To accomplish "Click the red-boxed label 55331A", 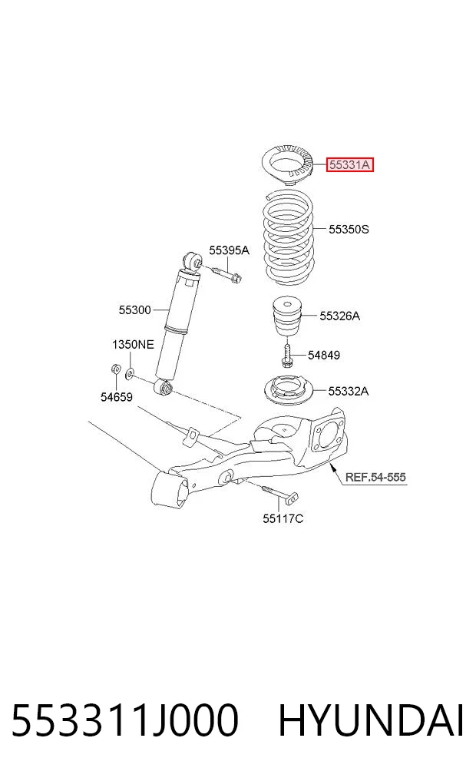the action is click(x=350, y=164).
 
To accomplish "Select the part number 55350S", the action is click(x=349, y=229).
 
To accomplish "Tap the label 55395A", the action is click(x=229, y=250).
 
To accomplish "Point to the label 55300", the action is click(x=134, y=309).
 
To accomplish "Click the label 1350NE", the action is click(x=133, y=344).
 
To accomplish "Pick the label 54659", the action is click(x=117, y=397).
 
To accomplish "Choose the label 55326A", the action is click(x=339, y=316).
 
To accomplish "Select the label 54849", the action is click(x=324, y=355).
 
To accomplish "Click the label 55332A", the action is click(x=349, y=392).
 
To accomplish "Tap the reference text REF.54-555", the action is click(x=375, y=477).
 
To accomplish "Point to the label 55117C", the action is click(x=283, y=518).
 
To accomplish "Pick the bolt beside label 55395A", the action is click(x=226, y=273).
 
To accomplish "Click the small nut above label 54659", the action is click(x=114, y=369).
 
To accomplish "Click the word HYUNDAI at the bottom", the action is click(x=371, y=720).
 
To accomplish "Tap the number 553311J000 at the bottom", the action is click(x=124, y=720).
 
